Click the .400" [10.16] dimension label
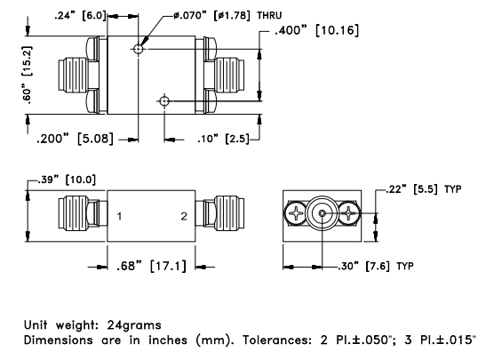click(316, 30)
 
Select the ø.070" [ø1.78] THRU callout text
click(227, 15)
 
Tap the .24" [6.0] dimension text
click(81, 15)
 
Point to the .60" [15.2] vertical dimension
click(27, 75)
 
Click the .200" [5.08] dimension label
click(75, 139)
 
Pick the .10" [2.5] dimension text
click(223, 139)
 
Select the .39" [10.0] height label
click(67, 180)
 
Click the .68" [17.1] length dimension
click(151, 266)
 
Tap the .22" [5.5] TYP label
click(424, 189)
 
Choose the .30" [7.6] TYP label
click(376, 266)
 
